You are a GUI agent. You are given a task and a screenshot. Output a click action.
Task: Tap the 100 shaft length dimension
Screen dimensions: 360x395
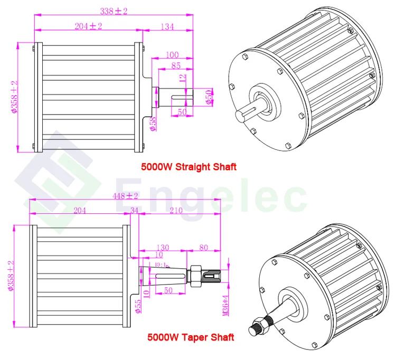click(x=172, y=55)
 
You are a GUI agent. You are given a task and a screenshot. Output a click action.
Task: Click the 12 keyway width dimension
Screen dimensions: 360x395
click(x=183, y=79)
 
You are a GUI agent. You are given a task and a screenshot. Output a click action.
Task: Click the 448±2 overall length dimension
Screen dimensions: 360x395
click(x=126, y=196)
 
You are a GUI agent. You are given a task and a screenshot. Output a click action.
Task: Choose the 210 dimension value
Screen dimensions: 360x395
click(x=176, y=210)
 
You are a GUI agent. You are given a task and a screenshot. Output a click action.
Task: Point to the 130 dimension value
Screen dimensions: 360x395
click(x=163, y=247)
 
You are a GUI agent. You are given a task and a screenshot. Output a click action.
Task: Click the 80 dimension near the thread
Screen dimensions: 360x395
click(x=204, y=247)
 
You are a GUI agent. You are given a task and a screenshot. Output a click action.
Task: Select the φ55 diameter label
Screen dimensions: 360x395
click(x=139, y=305)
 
